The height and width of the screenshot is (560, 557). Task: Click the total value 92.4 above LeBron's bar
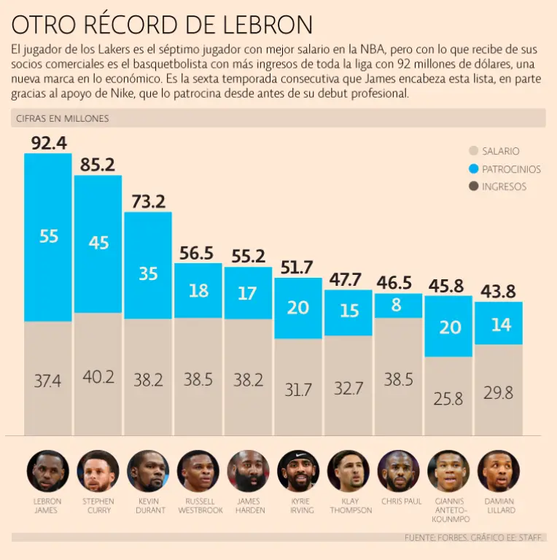point(48,142)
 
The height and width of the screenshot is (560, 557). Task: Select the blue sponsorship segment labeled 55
point(48,236)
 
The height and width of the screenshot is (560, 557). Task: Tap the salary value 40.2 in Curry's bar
point(98,376)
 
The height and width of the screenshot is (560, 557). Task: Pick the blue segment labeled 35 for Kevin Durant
point(148,273)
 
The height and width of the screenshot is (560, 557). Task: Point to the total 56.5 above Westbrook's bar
point(197,252)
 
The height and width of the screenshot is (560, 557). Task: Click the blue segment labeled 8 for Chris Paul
point(397,306)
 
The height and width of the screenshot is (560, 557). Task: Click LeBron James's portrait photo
point(48,470)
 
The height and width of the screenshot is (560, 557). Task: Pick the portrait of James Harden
point(248,470)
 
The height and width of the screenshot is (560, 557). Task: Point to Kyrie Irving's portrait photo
point(298,470)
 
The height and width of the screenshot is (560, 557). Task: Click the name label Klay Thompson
point(348,505)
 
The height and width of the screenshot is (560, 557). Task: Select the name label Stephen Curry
point(98,505)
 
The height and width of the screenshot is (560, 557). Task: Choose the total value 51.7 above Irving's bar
point(297,267)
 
